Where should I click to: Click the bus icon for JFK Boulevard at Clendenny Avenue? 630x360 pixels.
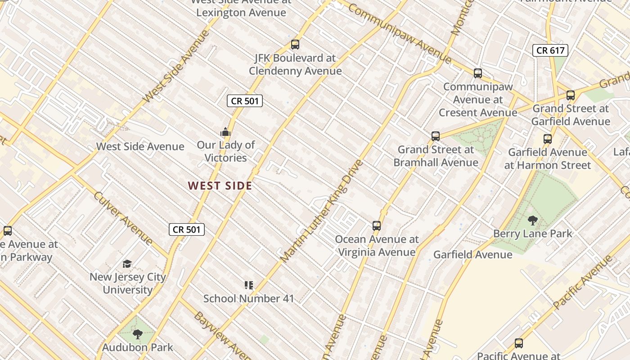click(295, 45)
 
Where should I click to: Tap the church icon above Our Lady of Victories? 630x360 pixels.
click(225, 132)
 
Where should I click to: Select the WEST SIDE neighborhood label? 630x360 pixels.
click(220, 185)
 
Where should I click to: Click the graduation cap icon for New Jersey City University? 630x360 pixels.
click(127, 264)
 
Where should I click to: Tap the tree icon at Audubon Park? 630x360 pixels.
click(137, 334)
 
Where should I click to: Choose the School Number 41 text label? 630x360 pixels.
click(248, 298)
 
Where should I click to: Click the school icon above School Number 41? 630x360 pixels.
click(248, 285)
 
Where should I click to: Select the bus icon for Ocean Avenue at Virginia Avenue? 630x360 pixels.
click(377, 226)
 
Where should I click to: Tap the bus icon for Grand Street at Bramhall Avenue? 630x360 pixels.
click(435, 136)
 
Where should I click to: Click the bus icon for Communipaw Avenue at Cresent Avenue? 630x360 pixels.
click(478, 73)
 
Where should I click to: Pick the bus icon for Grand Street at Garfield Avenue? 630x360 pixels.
click(570, 95)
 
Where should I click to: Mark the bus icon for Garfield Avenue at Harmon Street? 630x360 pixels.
click(547, 139)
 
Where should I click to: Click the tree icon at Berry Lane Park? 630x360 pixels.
click(532, 220)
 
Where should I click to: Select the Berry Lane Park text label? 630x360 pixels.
click(532, 234)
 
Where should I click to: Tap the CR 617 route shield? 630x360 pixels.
click(550, 50)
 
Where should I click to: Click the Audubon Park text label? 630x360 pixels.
click(137, 347)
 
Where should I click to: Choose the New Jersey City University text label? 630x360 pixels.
click(127, 283)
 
